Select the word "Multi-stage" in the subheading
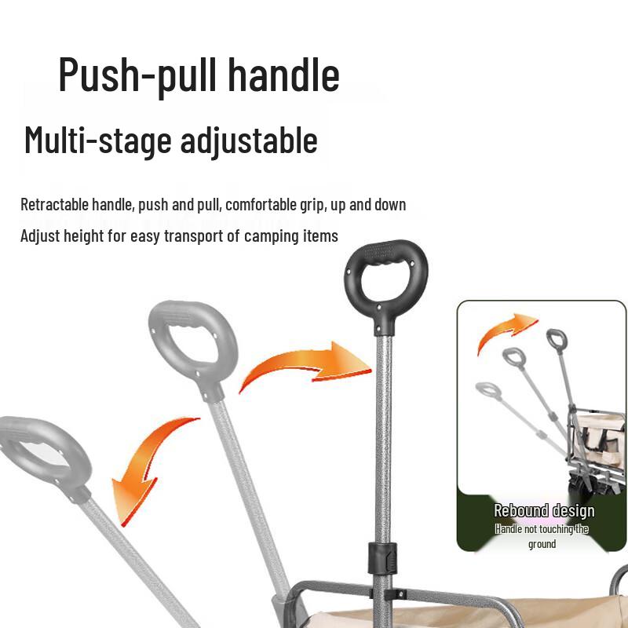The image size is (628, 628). click(97, 141)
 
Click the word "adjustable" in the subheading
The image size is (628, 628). click(248, 141)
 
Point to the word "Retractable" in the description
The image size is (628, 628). click(54, 206)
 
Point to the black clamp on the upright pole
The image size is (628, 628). click(380, 559)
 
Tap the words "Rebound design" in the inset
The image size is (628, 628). click(544, 512)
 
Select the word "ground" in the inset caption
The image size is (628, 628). click(542, 544)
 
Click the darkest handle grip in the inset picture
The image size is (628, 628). click(557, 340)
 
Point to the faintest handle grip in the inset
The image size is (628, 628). click(487, 390)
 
